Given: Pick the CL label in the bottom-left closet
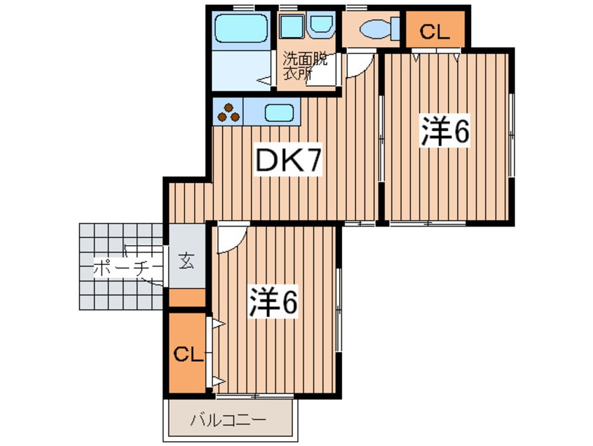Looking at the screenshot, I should tap(188, 353).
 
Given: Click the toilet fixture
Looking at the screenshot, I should tap(372, 29).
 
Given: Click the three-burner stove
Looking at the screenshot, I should tap(229, 113).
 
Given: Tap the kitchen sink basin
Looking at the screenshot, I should tap(279, 113).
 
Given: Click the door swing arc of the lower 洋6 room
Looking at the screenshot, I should tap(229, 239).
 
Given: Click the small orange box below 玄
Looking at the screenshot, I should tap(187, 298).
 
